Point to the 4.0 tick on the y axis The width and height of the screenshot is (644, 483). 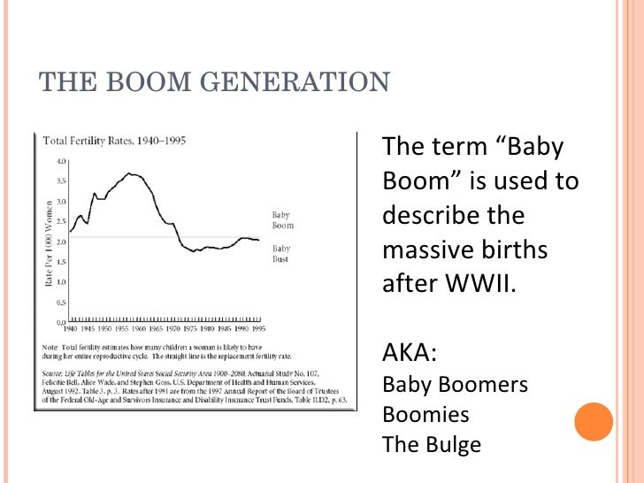(x=61, y=161)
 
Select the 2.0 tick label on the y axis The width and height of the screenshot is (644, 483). (x=61, y=241)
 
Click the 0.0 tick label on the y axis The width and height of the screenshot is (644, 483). (x=61, y=321)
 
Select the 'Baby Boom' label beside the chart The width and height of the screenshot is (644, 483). (x=282, y=220)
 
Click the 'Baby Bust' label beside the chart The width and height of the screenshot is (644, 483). (x=282, y=254)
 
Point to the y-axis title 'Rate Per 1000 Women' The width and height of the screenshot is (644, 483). (x=49, y=241)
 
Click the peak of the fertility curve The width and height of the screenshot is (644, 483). (x=131, y=174)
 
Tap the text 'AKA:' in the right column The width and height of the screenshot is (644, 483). (x=409, y=354)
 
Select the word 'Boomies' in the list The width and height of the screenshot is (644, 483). (x=425, y=414)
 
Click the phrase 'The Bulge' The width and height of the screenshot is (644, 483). (x=431, y=443)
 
